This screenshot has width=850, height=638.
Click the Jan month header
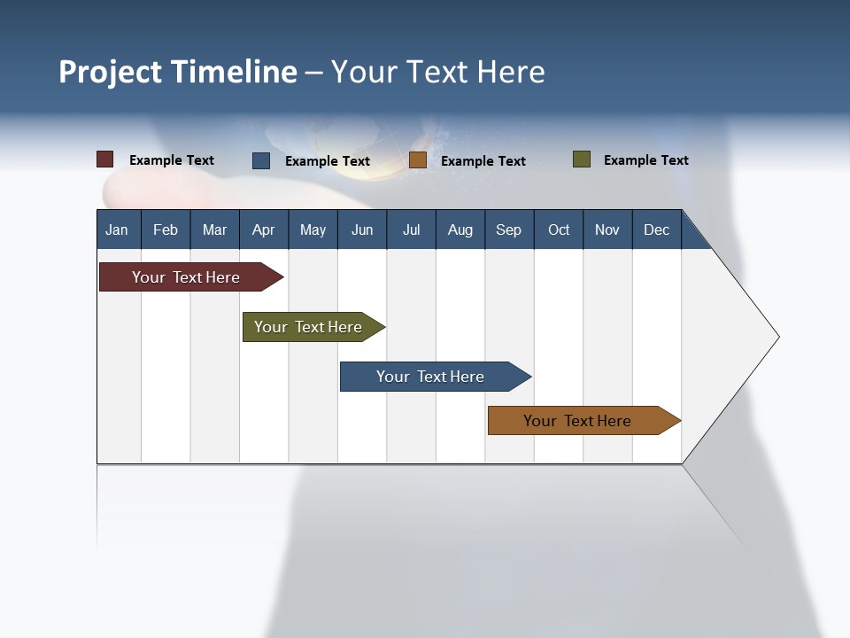pos(118,230)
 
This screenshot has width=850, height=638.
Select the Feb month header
pos(166,230)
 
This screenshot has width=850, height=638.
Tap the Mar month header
pos(214,230)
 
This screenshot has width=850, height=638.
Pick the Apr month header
pos(264,230)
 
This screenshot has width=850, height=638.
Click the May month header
pos(313,230)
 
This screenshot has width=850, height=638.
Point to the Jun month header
pos(362,230)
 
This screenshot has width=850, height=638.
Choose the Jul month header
pos(411,230)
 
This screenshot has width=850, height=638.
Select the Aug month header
pos(460,230)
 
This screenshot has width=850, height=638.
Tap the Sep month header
pos(509,230)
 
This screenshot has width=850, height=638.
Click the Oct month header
pos(559,230)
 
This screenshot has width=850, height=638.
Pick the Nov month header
pos(607,230)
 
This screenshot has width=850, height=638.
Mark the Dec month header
pos(657,230)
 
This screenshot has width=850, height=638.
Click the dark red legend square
pos(105,159)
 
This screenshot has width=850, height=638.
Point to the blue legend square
pos(261,160)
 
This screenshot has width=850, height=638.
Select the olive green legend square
pos(582,159)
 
